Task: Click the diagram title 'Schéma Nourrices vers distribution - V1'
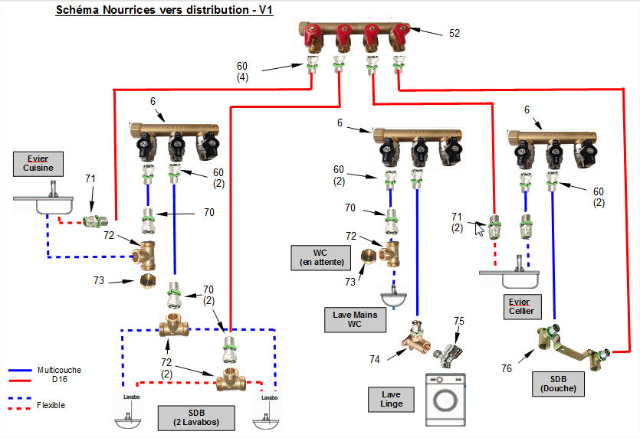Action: tap(165, 11)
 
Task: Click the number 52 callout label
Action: tap(454, 33)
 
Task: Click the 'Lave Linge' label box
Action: tap(392, 399)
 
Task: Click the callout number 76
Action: tap(507, 369)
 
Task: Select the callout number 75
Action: tap(458, 321)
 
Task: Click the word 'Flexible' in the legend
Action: tap(51, 405)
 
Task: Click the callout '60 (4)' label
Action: tap(242, 71)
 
